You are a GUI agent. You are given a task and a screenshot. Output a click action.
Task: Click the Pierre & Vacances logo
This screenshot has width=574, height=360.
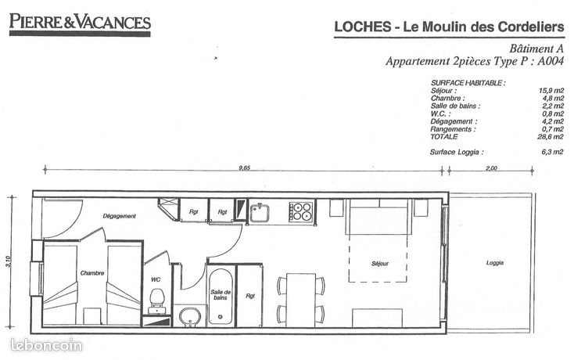point(80,24)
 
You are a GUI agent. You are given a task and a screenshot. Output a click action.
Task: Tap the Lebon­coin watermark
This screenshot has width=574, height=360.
point(46,345)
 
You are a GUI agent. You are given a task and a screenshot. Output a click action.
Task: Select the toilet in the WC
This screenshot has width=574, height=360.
point(156,301)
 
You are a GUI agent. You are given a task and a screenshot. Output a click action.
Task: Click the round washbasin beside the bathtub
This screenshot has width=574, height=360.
point(190,317)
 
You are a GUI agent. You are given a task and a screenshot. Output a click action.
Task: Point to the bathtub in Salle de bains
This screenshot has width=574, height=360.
point(221,297)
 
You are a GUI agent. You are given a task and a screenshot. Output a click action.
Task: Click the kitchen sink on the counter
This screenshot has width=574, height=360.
point(260,213)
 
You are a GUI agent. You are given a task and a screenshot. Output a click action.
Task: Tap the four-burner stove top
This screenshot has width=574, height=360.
point(301,211)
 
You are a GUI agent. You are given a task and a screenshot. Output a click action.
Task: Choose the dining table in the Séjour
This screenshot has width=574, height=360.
point(301,300)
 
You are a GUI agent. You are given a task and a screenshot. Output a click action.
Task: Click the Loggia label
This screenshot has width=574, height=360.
point(494,263)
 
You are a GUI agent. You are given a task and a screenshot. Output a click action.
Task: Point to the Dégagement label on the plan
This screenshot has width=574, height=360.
point(120,216)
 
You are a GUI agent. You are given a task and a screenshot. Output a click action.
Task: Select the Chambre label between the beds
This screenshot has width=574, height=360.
point(92,273)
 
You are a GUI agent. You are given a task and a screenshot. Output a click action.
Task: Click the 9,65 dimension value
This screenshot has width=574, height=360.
point(244,167)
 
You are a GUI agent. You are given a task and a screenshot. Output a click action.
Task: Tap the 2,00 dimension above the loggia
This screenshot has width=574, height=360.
point(491,168)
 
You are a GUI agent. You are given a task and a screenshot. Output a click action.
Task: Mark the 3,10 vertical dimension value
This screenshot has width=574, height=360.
point(9,261)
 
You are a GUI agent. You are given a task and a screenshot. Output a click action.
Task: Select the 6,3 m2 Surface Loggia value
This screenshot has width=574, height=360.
point(552,152)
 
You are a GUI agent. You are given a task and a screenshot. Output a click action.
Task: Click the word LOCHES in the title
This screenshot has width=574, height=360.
point(363,27)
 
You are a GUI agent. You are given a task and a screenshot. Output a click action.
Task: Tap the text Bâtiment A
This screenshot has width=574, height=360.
point(536,49)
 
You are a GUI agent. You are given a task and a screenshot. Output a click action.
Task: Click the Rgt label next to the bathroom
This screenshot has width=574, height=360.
point(250,296)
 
